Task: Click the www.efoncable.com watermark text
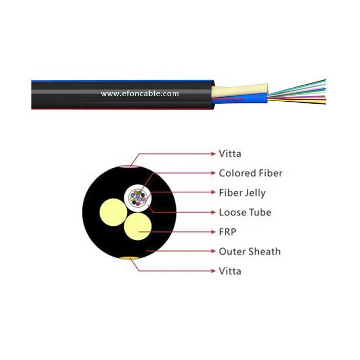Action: point(140,94)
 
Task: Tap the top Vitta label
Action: point(230,153)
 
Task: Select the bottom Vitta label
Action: point(230,271)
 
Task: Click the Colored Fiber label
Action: point(250,173)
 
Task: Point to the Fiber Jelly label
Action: point(242,193)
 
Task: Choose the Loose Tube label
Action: point(245,212)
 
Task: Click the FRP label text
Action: point(227,232)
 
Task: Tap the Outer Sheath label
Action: point(249,251)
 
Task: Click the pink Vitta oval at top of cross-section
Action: point(127,166)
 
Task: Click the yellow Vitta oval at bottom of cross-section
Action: point(128,257)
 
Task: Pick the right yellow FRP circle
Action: point(138,226)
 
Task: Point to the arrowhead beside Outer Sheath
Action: point(213,251)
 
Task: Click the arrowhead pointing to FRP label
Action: point(213,232)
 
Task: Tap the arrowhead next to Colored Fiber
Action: point(213,173)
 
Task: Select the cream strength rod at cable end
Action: point(239,91)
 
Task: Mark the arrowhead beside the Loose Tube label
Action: point(213,212)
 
